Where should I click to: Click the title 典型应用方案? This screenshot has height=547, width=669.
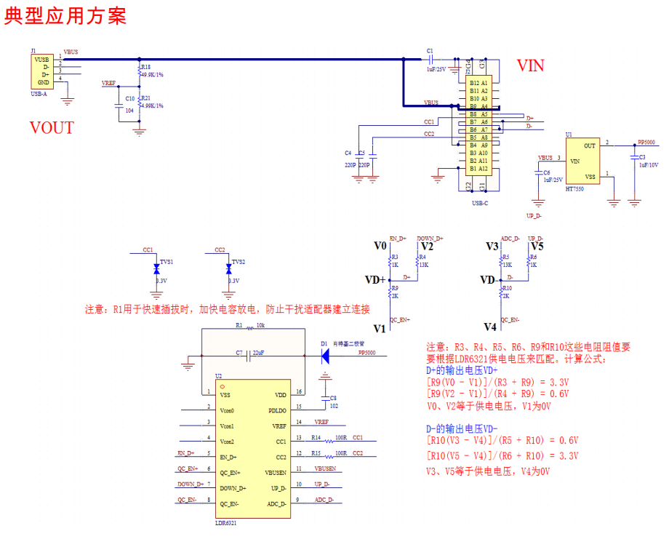click(x=65, y=16)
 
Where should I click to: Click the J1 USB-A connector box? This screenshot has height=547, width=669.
click(x=41, y=71)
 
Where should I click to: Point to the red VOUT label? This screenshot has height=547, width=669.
click(x=52, y=128)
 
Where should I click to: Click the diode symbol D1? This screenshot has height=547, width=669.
click(x=325, y=356)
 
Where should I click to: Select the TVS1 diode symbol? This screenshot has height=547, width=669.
click(x=156, y=268)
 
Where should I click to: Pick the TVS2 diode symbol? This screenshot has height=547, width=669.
click(x=228, y=268)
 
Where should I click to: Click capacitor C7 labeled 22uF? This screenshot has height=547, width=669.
click(x=251, y=356)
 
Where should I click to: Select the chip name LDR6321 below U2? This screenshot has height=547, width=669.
click(x=225, y=523)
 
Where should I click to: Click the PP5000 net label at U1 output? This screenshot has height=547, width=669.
click(x=646, y=142)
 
